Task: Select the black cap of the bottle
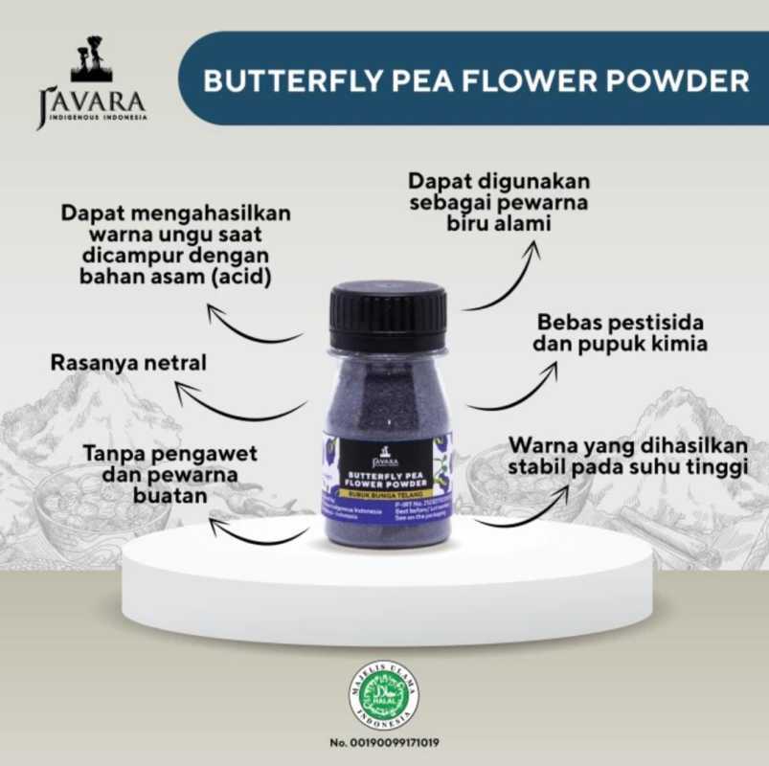[387, 315]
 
